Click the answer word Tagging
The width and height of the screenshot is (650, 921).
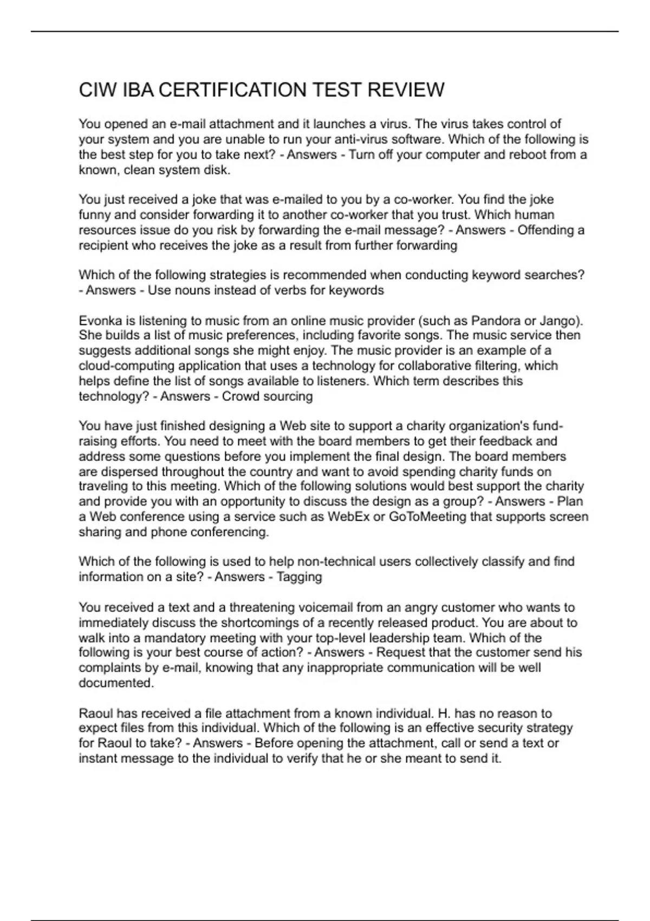click(299, 576)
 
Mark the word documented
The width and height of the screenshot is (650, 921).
click(116, 683)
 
